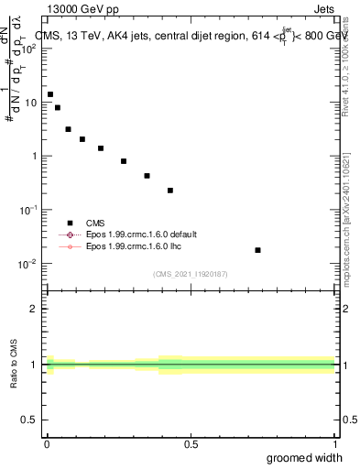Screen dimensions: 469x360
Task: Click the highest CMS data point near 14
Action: click(x=50, y=94)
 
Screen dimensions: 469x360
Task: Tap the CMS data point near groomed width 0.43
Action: click(x=170, y=191)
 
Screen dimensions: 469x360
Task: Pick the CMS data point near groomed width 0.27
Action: click(x=124, y=161)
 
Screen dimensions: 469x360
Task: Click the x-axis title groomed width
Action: click(x=305, y=457)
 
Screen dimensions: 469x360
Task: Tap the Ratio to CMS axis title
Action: click(x=14, y=365)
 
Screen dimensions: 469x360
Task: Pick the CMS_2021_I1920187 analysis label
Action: click(x=190, y=274)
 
